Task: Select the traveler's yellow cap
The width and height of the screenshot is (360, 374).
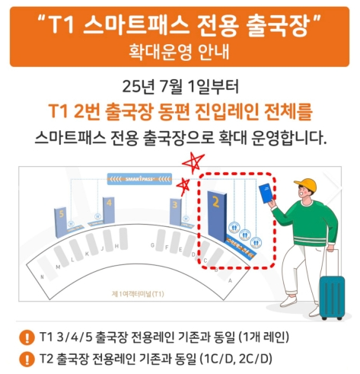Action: (x=306, y=185)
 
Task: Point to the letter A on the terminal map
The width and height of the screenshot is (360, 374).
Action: (x=231, y=280)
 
